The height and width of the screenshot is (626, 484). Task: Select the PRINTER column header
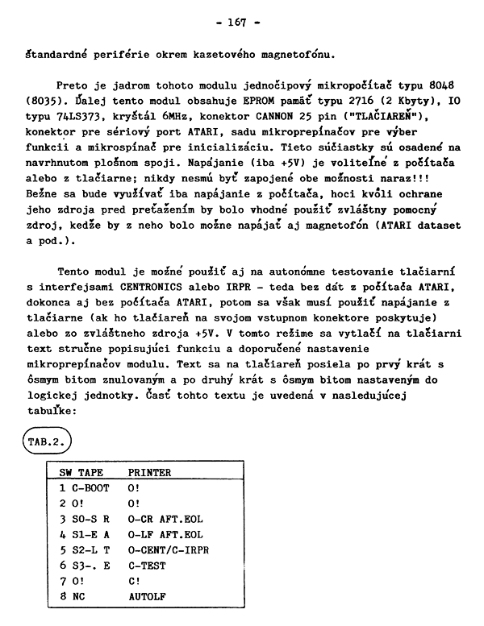click(149, 473)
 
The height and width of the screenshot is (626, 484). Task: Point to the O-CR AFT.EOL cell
click(165, 519)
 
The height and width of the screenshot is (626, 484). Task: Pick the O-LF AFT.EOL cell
click(165, 534)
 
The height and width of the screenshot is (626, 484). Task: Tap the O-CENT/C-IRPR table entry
click(168, 549)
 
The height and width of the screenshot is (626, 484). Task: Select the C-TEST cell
click(147, 566)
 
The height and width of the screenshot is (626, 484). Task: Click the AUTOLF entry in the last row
click(147, 597)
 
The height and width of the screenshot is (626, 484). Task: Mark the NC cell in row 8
click(79, 597)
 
